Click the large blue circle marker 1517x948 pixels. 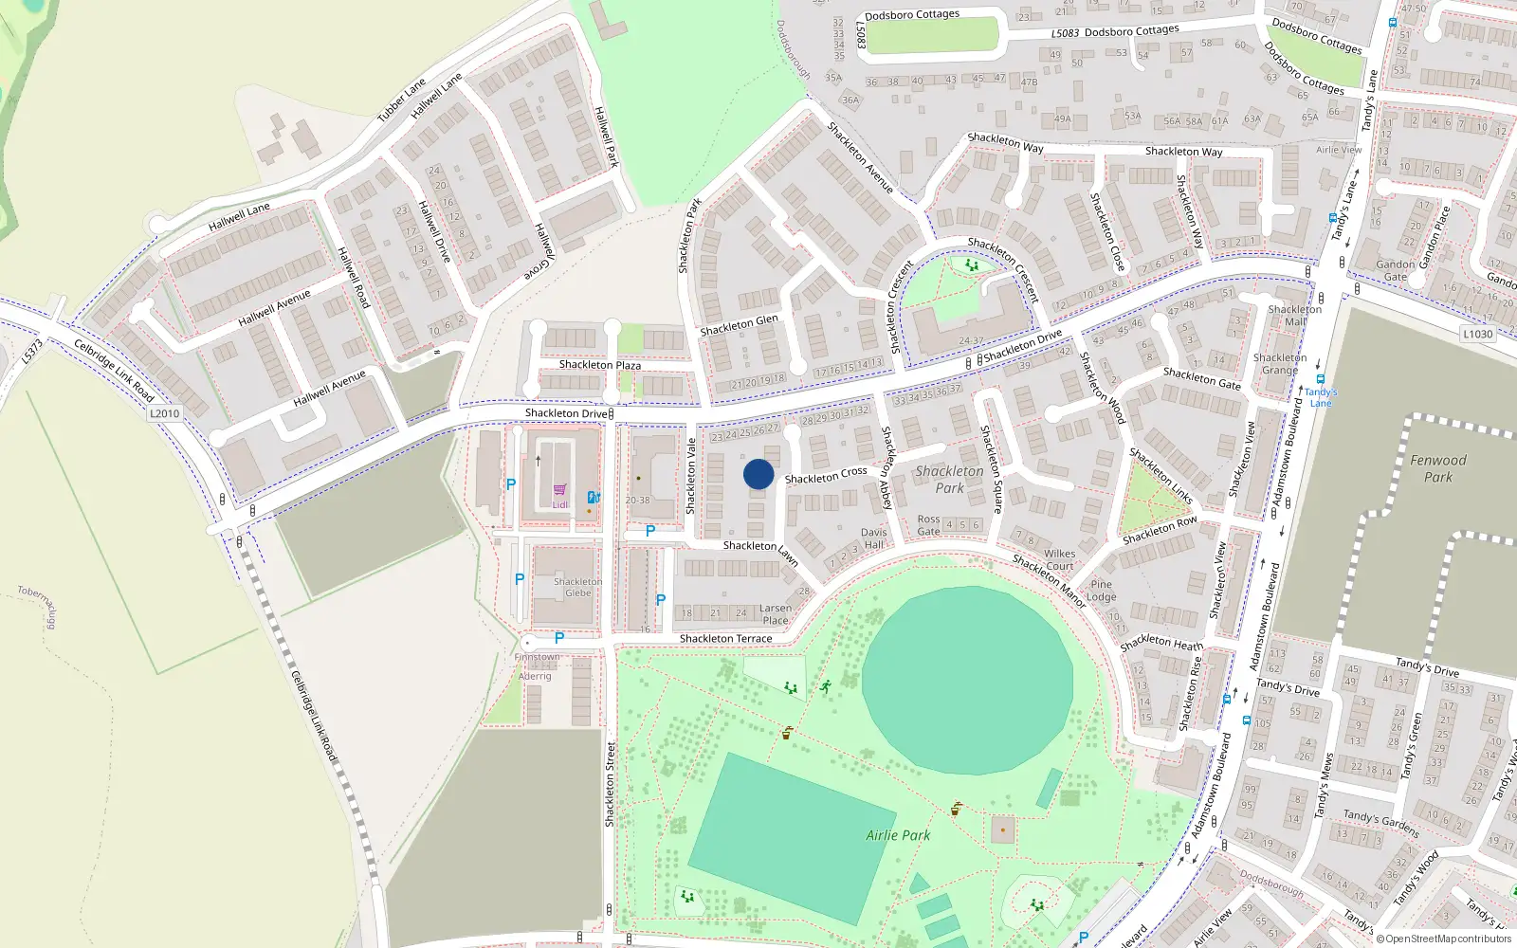pyautogui.click(x=758, y=474)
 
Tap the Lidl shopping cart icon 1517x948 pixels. pyautogui.click(x=559, y=490)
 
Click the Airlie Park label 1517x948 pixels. pyautogui.click(x=898, y=835)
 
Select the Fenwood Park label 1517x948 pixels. pyautogui.click(x=1437, y=468)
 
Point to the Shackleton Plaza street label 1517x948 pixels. pyautogui.click(x=599, y=365)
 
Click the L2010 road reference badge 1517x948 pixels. pyautogui.click(x=164, y=413)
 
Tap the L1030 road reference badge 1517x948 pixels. pyautogui.click(x=1477, y=334)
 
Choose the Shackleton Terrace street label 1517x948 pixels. pyautogui.click(x=725, y=639)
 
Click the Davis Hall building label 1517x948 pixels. pyautogui.click(x=873, y=538)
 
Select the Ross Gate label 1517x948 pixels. pyautogui.click(x=928, y=525)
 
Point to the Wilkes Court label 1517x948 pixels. pyautogui.click(x=1059, y=559)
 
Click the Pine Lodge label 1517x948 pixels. pyautogui.click(x=1101, y=591)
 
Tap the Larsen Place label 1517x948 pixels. pyautogui.click(x=775, y=614)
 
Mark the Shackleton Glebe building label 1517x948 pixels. pyautogui.click(x=577, y=587)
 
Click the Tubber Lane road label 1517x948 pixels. pyautogui.click(x=402, y=101)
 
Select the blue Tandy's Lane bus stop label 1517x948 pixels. pyautogui.click(x=1321, y=397)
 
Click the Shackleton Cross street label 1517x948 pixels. pyautogui.click(x=825, y=475)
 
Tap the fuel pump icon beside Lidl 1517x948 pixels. pyautogui.click(x=594, y=497)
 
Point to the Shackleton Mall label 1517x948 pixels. pyautogui.click(x=1294, y=316)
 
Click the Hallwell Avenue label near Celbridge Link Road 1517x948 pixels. pyautogui.click(x=329, y=389)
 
